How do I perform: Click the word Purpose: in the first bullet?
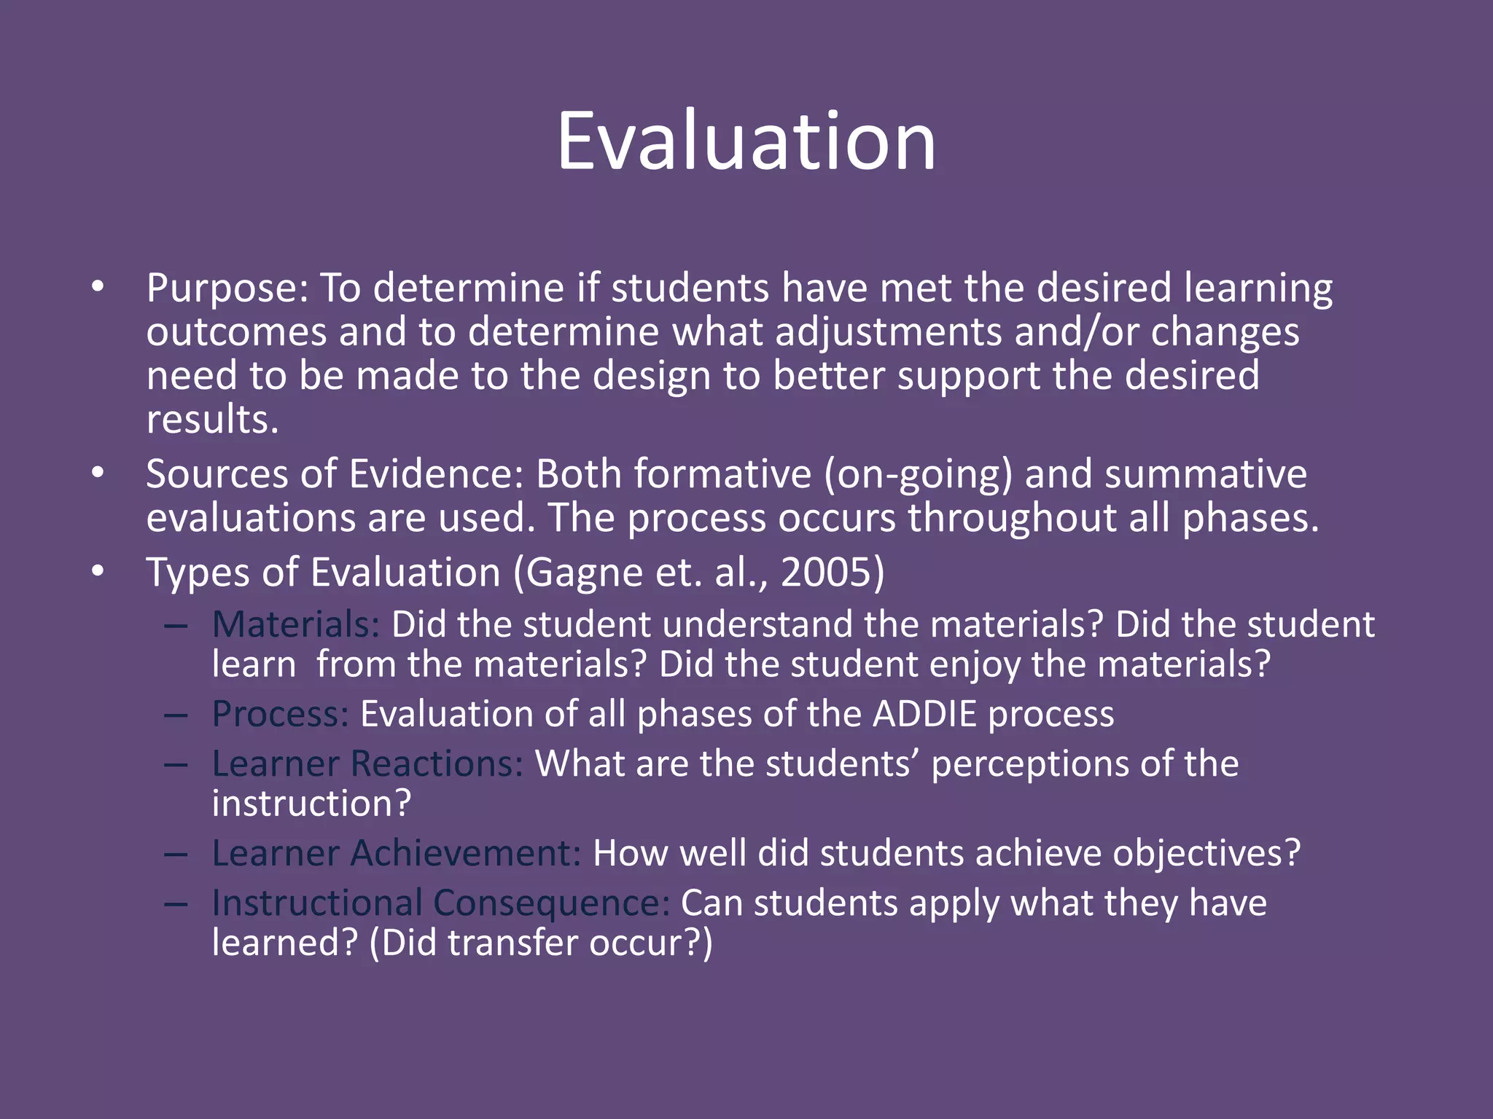(x=227, y=289)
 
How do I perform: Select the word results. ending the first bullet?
(x=212, y=420)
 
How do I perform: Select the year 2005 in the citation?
(x=825, y=573)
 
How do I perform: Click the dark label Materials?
(x=296, y=625)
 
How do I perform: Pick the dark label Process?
(x=281, y=714)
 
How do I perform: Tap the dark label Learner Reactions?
(x=367, y=764)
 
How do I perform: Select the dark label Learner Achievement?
(x=397, y=853)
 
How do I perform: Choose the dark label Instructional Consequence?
(x=440, y=903)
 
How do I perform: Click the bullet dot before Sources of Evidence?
(x=98, y=474)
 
